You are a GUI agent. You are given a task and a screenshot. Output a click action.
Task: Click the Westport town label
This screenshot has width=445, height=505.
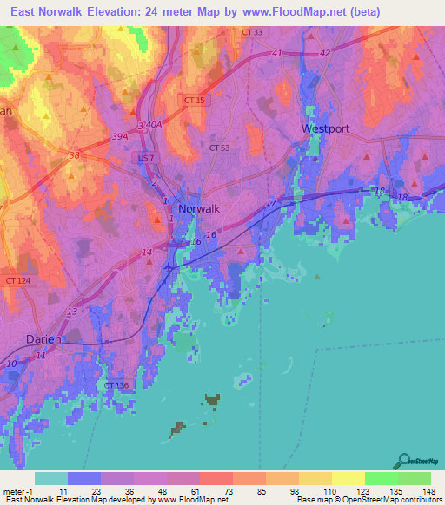(x=325, y=128)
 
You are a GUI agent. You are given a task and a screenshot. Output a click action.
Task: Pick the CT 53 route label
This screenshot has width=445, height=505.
(x=220, y=148)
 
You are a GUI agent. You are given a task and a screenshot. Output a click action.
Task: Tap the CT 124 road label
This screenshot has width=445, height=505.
(x=16, y=280)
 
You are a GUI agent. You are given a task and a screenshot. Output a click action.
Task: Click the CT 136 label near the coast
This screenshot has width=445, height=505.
(x=116, y=385)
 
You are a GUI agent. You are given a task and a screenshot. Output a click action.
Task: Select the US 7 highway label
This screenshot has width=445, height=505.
(x=144, y=159)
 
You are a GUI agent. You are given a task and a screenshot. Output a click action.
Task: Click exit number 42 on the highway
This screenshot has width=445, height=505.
(x=325, y=54)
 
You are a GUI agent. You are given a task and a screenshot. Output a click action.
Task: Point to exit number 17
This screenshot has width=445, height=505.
(x=271, y=203)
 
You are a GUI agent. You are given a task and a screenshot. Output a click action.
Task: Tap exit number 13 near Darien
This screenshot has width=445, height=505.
(x=72, y=312)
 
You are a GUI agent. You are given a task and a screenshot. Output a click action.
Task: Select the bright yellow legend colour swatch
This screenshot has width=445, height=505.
(x=348, y=478)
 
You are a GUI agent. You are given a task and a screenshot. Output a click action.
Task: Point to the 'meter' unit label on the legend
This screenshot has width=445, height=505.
(x=13, y=490)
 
